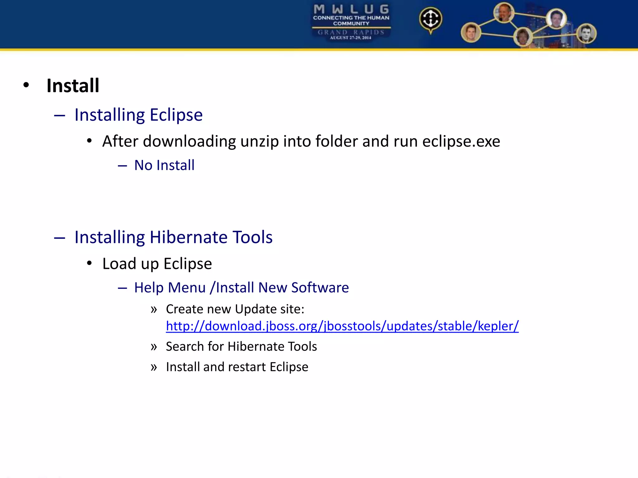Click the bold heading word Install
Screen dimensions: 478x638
pos(73,86)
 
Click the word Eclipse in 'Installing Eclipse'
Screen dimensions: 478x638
pos(176,115)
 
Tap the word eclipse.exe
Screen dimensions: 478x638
pos(461,142)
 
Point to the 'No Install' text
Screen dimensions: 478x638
pos(164,165)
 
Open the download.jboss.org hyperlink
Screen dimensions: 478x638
pos(342,326)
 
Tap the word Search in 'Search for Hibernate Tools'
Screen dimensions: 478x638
pos(185,346)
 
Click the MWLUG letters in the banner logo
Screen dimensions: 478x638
pos(351,9)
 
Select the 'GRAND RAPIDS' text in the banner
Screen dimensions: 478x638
pos(351,32)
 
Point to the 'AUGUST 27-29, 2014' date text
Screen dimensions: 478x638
pos(351,38)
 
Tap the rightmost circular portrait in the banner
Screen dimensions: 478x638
pos(586,33)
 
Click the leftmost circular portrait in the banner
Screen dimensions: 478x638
pos(471,32)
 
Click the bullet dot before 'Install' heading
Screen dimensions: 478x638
pos(26,85)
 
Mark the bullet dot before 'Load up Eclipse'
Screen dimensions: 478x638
pos(89,263)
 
